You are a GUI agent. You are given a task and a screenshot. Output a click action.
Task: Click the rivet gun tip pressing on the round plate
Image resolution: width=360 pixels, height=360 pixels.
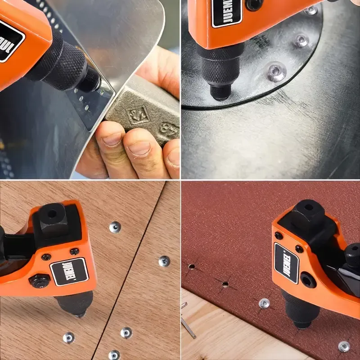pyautogui.click(x=220, y=92)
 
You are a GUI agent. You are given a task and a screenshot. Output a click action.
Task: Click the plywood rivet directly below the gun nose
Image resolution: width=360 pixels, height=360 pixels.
pyautogui.click(x=69, y=337)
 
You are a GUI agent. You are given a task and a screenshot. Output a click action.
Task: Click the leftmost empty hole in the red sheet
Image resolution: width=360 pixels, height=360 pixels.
pyautogui.click(x=191, y=266)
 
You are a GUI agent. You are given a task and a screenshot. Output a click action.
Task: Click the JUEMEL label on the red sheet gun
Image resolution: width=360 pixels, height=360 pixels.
pyautogui.click(x=286, y=263)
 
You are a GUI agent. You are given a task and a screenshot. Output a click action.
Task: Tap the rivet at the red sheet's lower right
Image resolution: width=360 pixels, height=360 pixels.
pyautogui.click(x=344, y=346)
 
